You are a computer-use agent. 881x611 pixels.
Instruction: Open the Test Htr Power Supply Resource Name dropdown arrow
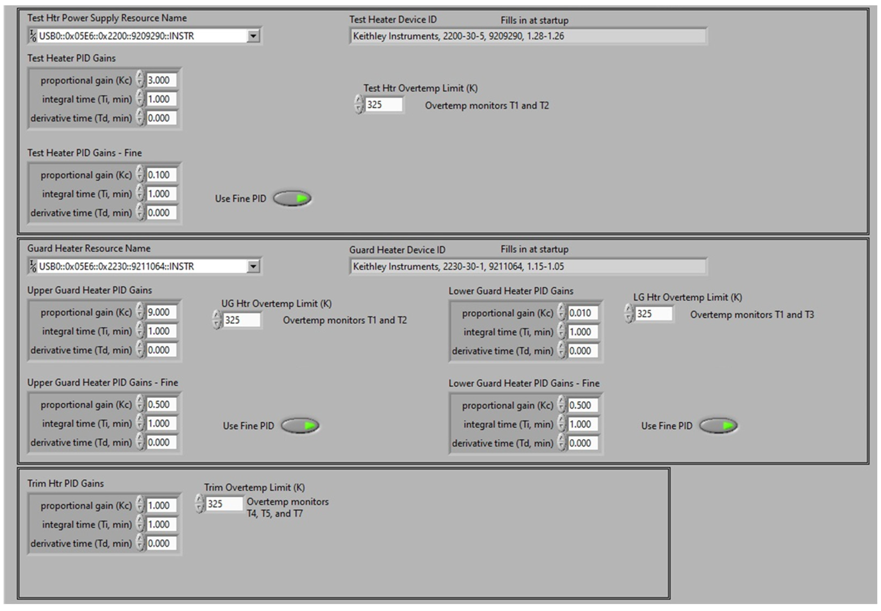[x=253, y=36]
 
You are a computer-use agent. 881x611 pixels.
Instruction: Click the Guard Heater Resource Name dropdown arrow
[x=253, y=266]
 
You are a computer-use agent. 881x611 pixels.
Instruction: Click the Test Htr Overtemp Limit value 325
[x=383, y=105]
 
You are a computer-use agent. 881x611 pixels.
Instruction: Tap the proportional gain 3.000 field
[x=161, y=80]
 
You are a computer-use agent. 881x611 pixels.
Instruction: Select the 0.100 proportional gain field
[x=161, y=175]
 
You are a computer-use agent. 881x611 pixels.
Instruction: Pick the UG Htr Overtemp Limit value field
[x=241, y=320]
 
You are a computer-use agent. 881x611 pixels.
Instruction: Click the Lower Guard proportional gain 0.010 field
[x=582, y=313]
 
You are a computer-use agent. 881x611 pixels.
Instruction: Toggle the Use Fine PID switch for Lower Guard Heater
[x=718, y=426]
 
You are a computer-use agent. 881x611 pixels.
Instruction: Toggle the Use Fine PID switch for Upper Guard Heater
[x=300, y=426]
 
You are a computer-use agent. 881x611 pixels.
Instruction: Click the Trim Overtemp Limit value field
[x=224, y=504]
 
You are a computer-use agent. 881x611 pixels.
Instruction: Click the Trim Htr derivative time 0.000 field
[x=161, y=543]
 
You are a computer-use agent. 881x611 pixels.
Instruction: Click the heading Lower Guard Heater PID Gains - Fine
[x=524, y=383]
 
